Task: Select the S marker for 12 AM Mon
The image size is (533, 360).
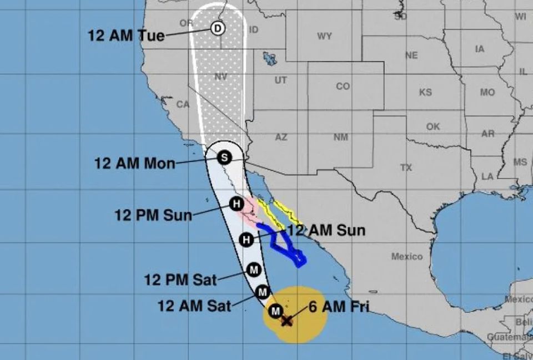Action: tap(224, 158)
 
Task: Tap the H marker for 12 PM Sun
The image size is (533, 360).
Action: tap(237, 204)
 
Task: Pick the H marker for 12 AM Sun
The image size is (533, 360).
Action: tap(247, 240)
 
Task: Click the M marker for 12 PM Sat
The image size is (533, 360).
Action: tap(254, 270)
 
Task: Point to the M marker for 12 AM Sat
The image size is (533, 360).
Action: tap(264, 291)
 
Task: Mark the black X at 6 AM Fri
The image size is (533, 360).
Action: tap(286, 321)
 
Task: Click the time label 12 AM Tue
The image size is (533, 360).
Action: tap(126, 36)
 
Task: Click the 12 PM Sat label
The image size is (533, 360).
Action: tap(180, 279)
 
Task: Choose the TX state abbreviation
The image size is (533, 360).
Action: tap(406, 167)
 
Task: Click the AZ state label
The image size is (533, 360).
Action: tap(281, 136)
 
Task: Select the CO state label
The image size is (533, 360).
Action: tap(343, 87)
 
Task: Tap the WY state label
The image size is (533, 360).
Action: tap(324, 37)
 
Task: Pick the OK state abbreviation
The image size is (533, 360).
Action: tap(433, 126)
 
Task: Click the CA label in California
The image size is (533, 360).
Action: tap(183, 104)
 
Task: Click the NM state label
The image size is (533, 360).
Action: tap(340, 136)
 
